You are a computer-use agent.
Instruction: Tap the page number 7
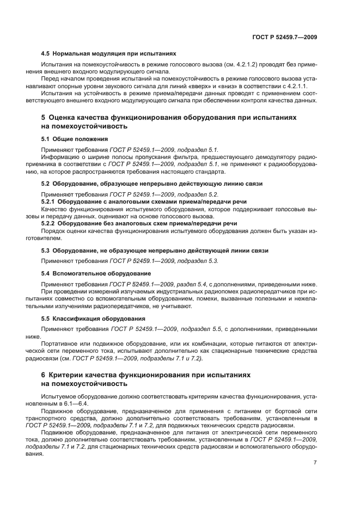point(315,462)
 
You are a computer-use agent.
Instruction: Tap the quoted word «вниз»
point(256,85)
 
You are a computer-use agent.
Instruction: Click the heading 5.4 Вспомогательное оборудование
point(96,273)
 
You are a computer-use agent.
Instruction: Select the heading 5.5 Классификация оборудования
point(93,318)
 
